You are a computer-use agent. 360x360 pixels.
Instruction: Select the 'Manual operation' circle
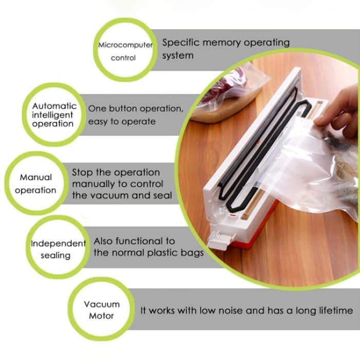pyautogui.click(x=35, y=183)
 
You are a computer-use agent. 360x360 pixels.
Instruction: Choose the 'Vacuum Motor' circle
pyautogui.click(x=101, y=310)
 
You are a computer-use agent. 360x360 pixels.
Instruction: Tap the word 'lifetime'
pyautogui.click(x=334, y=311)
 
